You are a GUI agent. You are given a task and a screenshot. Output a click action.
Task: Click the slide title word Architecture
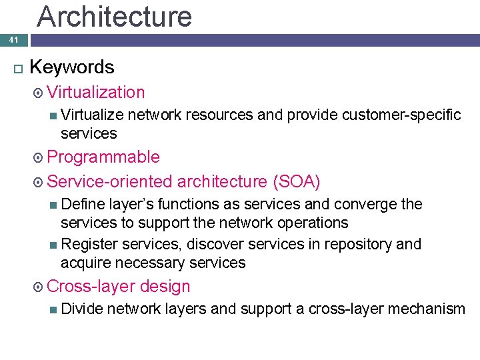(x=114, y=16)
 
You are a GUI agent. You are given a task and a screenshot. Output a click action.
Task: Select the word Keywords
(x=72, y=67)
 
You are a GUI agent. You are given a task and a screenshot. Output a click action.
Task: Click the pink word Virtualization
(x=96, y=93)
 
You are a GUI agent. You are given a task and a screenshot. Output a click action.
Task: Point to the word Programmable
(x=103, y=157)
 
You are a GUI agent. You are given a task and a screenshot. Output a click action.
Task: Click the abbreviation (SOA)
(x=296, y=181)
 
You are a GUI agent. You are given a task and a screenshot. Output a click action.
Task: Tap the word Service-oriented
(x=111, y=181)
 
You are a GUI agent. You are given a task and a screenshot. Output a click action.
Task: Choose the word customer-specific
(x=401, y=115)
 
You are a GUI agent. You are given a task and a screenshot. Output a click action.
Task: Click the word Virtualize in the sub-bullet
(x=92, y=115)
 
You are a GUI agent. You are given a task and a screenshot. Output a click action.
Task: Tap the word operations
(x=313, y=223)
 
